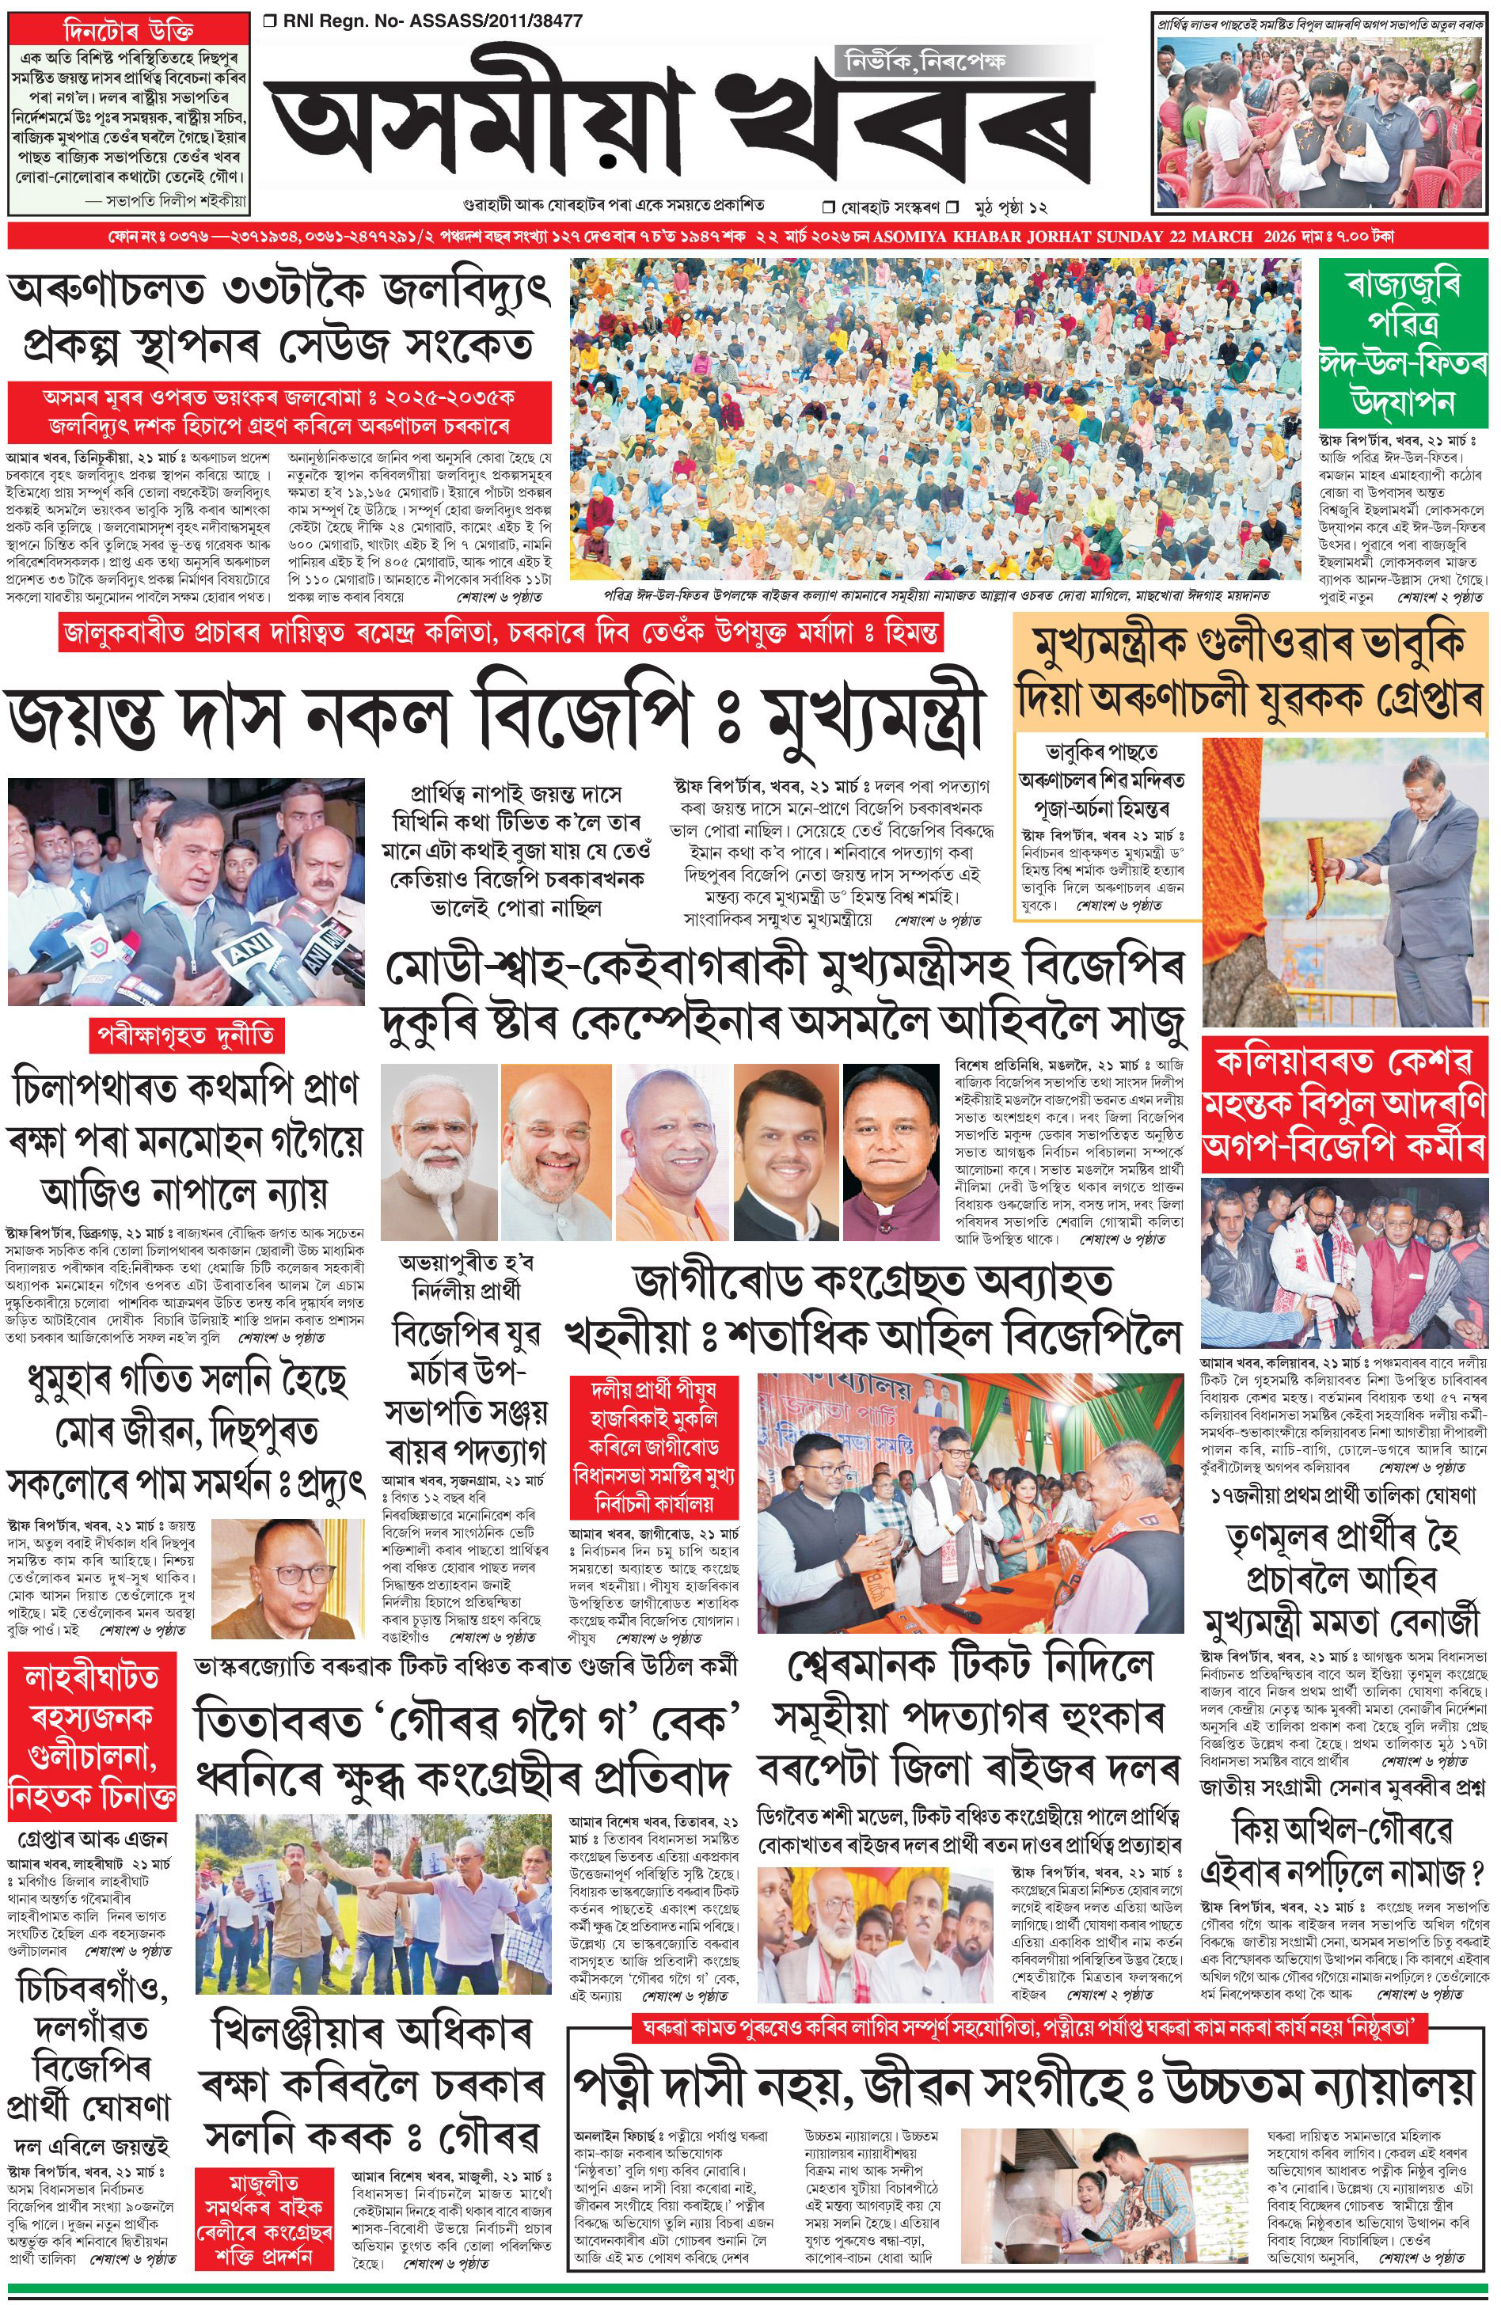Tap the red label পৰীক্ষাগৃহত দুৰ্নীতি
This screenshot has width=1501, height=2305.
(x=188, y=1035)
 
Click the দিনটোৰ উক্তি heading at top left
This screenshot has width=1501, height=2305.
(x=131, y=30)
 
